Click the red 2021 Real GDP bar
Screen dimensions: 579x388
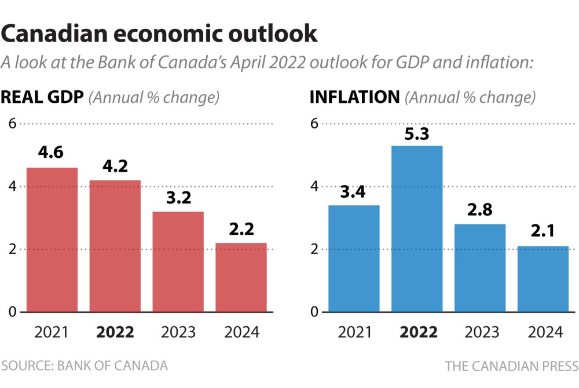tap(52, 240)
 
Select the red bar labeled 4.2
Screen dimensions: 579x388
tap(115, 246)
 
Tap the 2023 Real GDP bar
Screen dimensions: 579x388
tap(178, 262)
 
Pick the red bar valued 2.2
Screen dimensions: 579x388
tap(241, 278)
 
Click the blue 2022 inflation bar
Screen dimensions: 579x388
tap(417, 228)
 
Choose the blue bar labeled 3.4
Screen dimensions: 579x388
tap(354, 258)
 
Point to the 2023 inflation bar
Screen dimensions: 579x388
tap(480, 268)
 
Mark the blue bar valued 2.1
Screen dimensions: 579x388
tap(543, 279)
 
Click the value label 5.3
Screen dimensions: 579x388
tap(417, 134)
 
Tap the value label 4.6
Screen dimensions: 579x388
tap(51, 152)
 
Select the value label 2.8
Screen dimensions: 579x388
tap(480, 210)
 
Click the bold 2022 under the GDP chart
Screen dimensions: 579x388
tap(115, 332)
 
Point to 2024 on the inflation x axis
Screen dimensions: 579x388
tap(545, 332)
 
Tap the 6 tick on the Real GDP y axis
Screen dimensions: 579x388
tap(13, 124)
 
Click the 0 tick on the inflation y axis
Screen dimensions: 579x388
tap(314, 312)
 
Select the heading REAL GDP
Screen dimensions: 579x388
tap(42, 97)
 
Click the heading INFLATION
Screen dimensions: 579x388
tap(355, 97)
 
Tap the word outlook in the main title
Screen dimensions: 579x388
tap(273, 34)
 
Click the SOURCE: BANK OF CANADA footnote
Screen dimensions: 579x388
tap(85, 366)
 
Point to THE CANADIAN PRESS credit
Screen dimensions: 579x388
tap(512, 366)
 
